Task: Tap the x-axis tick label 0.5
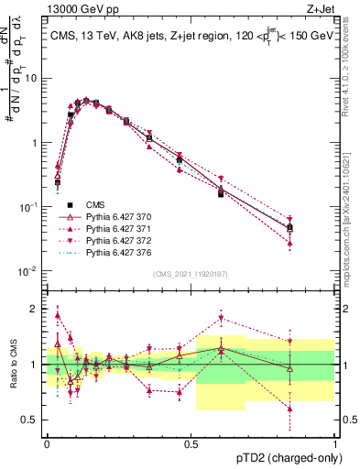coord(191,442)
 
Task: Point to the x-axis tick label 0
coord(47,442)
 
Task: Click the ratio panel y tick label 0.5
coord(29,420)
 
